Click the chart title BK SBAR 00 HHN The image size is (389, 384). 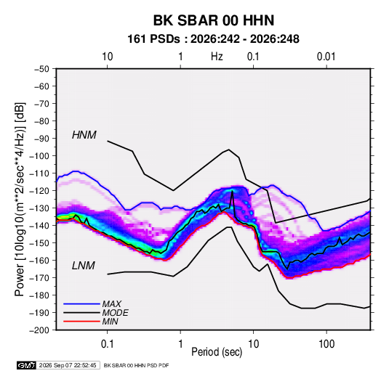pyautogui.click(x=214, y=20)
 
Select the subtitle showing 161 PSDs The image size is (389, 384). pyautogui.click(x=213, y=39)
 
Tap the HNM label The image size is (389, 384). pyautogui.click(x=84, y=135)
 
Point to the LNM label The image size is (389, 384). pyautogui.click(x=84, y=266)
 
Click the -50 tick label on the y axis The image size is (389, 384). pyautogui.click(x=41, y=69)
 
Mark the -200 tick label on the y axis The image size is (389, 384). pyautogui.click(x=39, y=330)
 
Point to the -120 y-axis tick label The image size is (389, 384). pyautogui.click(x=39, y=190)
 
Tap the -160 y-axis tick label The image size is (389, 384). pyautogui.click(x=39, y=261)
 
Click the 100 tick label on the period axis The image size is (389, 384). pyautogui.click(x=326, y=343)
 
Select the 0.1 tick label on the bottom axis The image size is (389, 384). pyautogui.click(x=107, y=343)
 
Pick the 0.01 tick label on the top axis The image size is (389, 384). pyautogui.click(x=326, y=57)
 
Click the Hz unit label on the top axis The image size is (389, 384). pyautogui.click(x=217, y=57)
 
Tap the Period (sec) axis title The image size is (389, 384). pyautogui.click(x=217, y=352)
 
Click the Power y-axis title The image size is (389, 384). pyautogui.click(x=20, y=199)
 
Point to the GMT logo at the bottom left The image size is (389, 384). pyautogui.click(x=27, y=365)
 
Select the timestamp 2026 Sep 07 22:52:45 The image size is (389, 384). pyautogui.click(x=68, y=365)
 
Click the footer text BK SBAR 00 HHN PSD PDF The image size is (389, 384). pyautogui.click(x=136, y=365)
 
